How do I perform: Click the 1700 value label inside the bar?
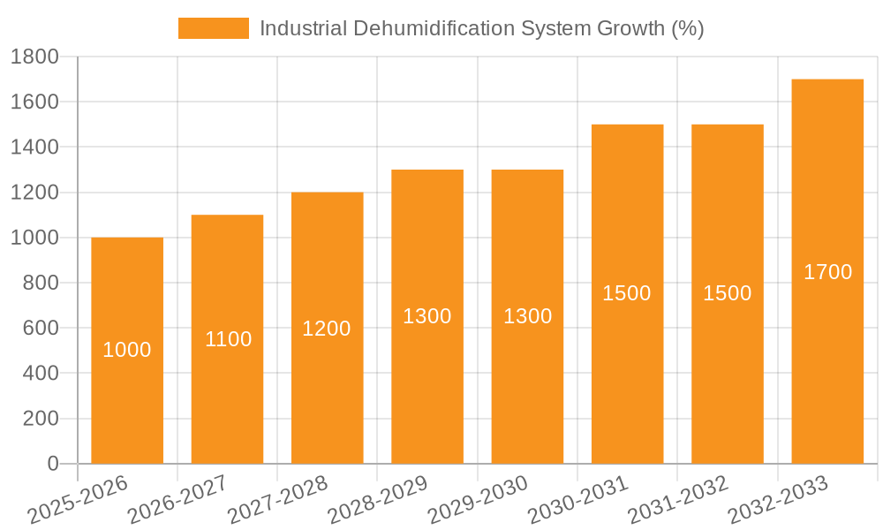click(827, 272)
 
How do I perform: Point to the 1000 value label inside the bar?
click(127, 350)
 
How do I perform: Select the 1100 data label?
click(228, 339)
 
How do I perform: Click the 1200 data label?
click(327, 329)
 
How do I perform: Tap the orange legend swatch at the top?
click(214, 28)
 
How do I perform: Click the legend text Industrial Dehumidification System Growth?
click(481, 28)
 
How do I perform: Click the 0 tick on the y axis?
click(52, 464)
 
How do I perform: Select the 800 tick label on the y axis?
click(40, 283)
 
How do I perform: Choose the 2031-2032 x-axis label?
click(678, 499)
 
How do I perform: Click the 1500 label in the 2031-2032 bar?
click(727, 294)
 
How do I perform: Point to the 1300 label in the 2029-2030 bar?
click(527, 316)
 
